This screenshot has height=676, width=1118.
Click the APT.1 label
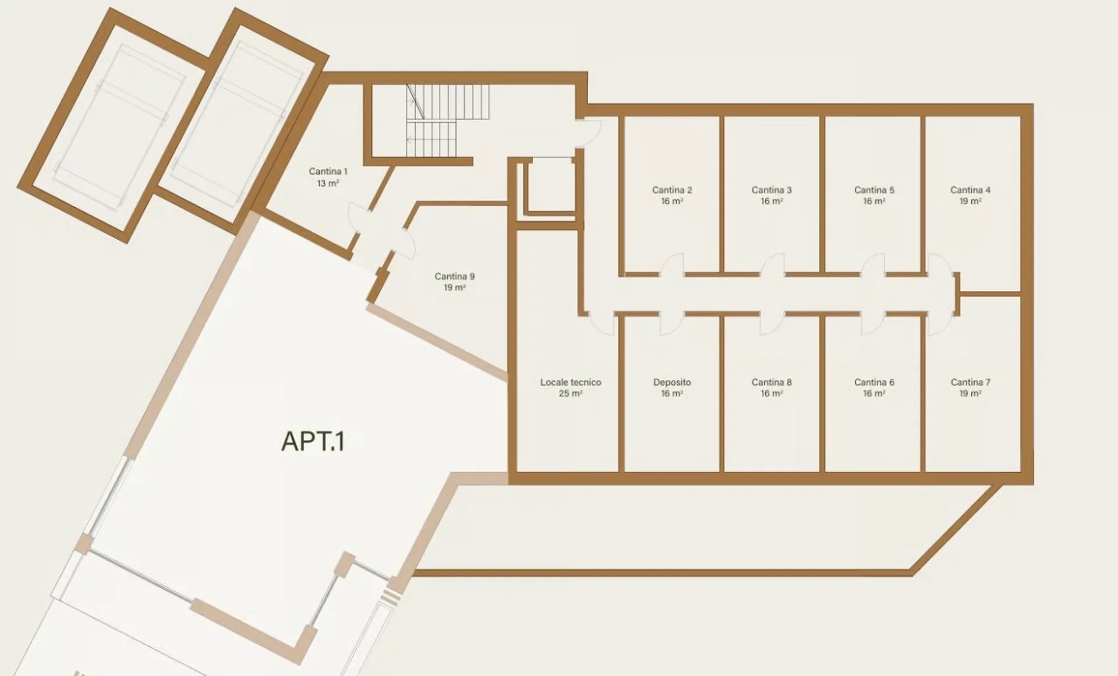click(313, 441)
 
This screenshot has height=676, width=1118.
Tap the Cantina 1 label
click(328, 172)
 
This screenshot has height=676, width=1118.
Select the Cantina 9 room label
click(454, 276)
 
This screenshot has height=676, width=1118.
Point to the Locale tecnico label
click(571, 382)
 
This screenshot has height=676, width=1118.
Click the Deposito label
click(672, 382)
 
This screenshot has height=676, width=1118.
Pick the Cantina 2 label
click(672, 190)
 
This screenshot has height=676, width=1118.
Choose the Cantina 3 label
click(772, 190)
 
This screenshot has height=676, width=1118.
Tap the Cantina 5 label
click(874, 190)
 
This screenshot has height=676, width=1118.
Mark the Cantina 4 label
click(970, 190)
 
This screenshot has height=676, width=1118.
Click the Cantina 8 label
click(772, 382)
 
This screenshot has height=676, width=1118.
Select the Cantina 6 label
click(874, 382)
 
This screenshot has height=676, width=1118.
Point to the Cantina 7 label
click(970, 382)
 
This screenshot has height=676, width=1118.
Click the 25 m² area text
click(571, 394)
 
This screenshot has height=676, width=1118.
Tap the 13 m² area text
click(328, 183)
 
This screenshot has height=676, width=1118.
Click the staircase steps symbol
click(447, 120)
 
